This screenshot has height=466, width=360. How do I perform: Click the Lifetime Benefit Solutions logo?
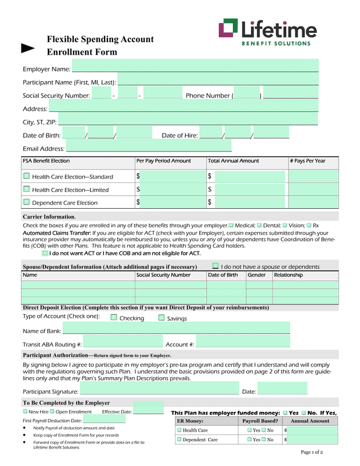(x=267, y=32)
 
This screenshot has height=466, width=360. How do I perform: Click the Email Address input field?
(x=148, y=148)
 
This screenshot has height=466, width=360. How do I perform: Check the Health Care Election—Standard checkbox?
(x=26, y=176)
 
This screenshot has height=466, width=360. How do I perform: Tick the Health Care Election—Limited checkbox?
(x=26, y=189)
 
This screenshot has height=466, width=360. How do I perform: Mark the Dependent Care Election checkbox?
(x=26, y=202)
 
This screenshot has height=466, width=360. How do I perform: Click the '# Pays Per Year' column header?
(x=308, y=161)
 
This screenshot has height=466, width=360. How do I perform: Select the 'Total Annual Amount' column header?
(x=233, y=161)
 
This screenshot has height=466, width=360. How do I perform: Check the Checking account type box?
(x=114, y=318)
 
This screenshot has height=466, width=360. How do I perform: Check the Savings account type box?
(x=161, y=318)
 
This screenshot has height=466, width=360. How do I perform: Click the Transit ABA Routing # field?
(x=123, y=343)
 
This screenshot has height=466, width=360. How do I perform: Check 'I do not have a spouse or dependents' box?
(x=215, y=266)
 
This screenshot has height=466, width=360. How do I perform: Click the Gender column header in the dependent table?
(x=256, y=275)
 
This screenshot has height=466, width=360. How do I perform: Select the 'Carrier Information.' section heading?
(x=49, y=217)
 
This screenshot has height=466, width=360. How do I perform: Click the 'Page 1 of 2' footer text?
(x=312, y=452)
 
